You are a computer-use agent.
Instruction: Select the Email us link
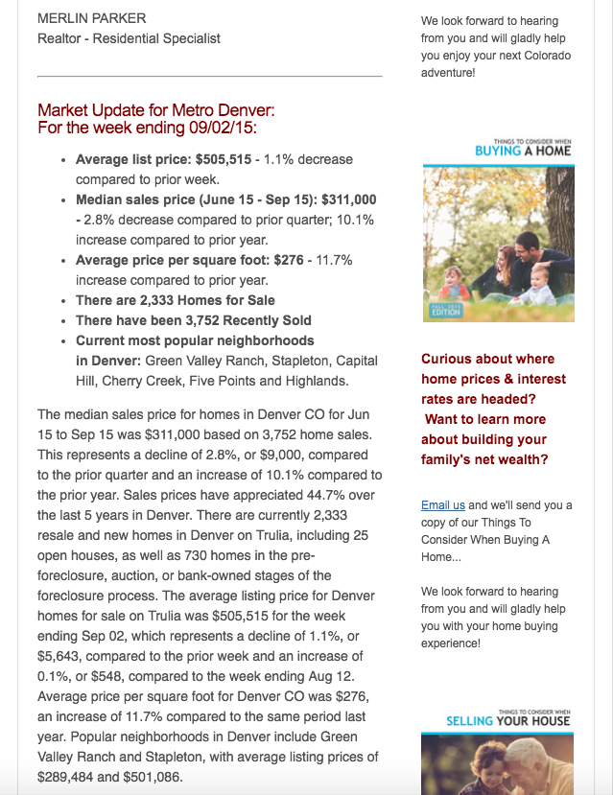tap(442, 505)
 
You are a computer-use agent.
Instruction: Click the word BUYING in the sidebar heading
tap(497, 151)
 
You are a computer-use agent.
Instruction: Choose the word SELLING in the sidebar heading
tap(469, 720)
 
